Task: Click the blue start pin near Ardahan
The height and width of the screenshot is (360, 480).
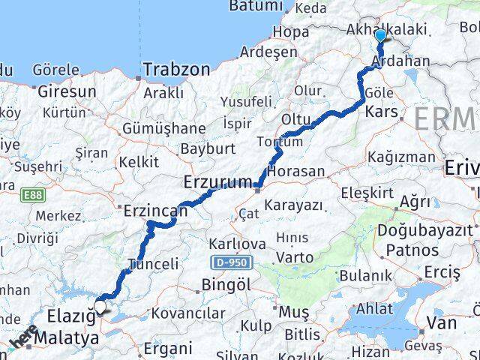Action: coord(380,35)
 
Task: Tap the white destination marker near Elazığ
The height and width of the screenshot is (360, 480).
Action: coord(100,306)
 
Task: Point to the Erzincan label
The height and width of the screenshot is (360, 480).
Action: coord(156,211)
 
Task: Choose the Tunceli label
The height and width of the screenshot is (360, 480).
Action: coord(154,264)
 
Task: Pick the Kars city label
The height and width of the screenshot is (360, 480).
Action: coord(379,112)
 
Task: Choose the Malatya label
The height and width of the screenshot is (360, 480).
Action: coord(72,339)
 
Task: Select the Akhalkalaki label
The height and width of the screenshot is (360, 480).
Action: coord(387,29)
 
